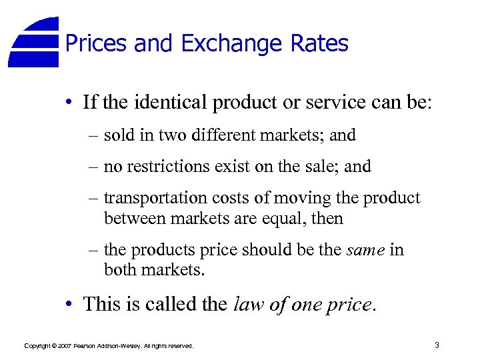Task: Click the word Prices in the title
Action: point(96,44)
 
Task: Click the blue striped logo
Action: point(35,41)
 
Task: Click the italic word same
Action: point(367,250)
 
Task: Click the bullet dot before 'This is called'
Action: point(69,305)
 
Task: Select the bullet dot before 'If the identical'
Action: point(69,103)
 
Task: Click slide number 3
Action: point(436,345)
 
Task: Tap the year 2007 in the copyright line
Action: point(64,346)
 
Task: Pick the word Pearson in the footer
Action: point(86,346)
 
